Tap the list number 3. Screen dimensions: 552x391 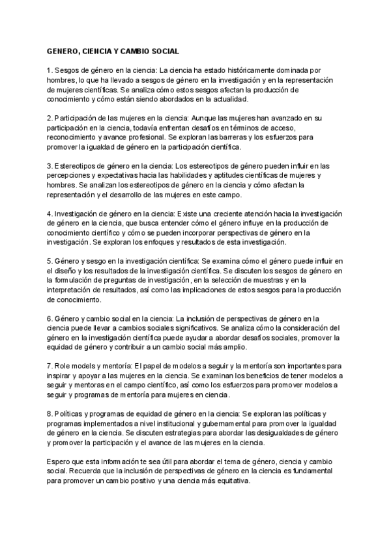point(49,167)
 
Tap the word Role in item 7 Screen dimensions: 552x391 point(65,366)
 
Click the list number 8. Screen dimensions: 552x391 point(49,415)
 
